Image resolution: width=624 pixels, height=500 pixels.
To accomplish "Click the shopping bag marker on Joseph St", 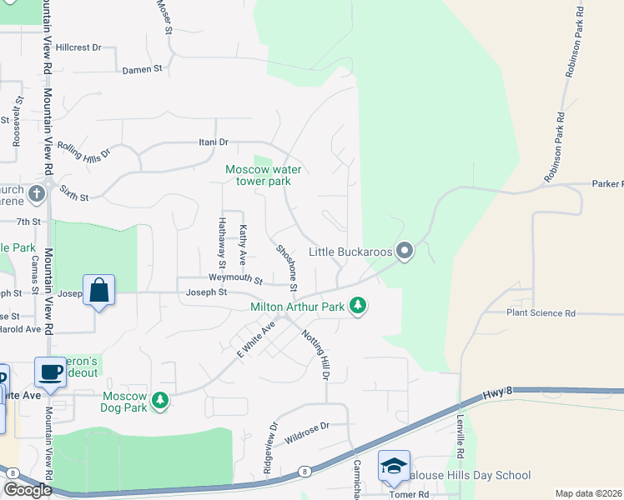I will point(98,291).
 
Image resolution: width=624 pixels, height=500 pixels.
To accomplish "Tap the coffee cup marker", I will point(50,372).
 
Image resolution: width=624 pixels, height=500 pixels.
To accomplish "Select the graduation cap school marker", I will point(394,465).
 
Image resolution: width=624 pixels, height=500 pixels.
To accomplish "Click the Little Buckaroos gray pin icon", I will point(405,250).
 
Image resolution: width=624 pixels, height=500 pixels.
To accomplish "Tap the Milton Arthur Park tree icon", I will point(358,307).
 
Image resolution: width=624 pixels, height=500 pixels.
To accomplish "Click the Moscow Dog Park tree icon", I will point(159,402).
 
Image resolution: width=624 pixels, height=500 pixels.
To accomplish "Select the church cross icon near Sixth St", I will point(35,194).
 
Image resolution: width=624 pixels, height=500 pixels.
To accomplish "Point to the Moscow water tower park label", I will point(263,175).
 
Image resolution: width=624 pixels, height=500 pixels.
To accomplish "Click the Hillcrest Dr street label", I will point(78,48).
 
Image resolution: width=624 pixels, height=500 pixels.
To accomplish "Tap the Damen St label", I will point(142,70).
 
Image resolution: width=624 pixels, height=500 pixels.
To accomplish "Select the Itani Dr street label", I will point(213,142).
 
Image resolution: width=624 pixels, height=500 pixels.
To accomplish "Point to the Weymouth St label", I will point(235,277).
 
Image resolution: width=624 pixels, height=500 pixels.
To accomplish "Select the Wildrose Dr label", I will point(307,426).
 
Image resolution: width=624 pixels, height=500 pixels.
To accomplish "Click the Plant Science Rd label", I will point(541,313).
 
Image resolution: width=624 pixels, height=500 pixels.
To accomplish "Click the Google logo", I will point(28,490).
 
